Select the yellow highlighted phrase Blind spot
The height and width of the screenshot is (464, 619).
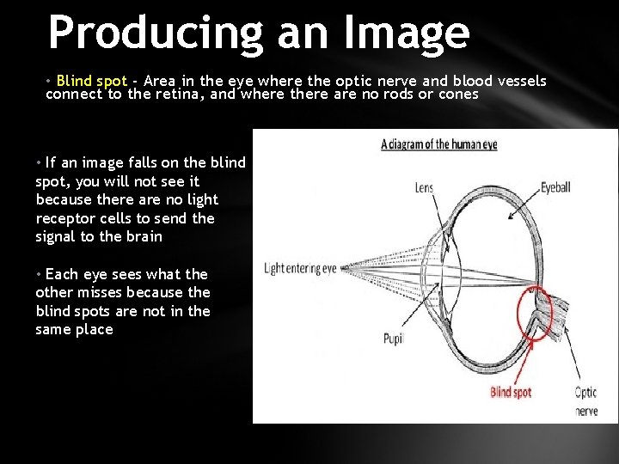point(91,81)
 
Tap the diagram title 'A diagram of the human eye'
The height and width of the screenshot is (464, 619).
point(438,144)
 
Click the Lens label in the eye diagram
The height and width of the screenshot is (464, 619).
point(424,187)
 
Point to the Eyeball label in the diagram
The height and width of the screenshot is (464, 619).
point(561,187)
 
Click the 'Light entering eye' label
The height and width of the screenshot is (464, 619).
point(300,269)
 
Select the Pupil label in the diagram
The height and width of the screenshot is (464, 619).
point(394,339)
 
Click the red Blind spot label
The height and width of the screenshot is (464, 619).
point(511,393)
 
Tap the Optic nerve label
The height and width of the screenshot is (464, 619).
point(585,401)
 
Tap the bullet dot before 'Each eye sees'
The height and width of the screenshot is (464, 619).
point(39,274)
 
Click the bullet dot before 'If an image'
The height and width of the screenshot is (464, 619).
point(39,162)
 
